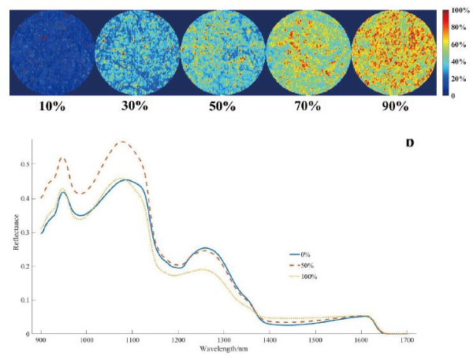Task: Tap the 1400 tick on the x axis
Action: tap(270, 340)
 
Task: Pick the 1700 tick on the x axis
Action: tap(407, 340)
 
